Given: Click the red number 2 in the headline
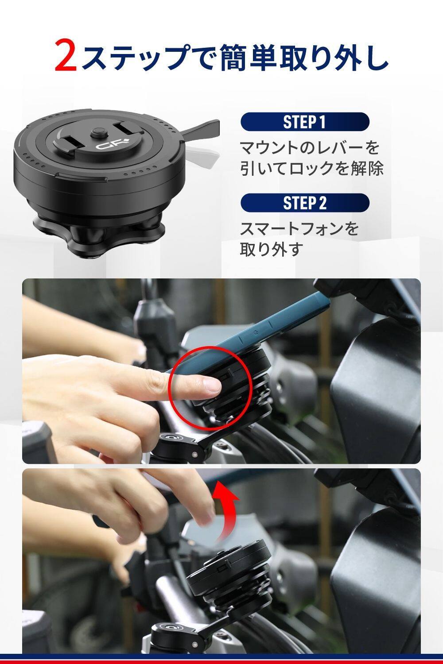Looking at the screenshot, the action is (66, 55).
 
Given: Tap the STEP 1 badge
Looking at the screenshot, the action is (305, 122).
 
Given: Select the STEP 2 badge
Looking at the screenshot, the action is (305, 203).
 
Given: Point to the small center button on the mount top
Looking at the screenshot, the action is (99, 132).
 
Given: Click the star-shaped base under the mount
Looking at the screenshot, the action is (98, 234).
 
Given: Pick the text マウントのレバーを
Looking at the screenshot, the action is (310, 147).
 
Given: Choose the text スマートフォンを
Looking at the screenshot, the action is (299, 229).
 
